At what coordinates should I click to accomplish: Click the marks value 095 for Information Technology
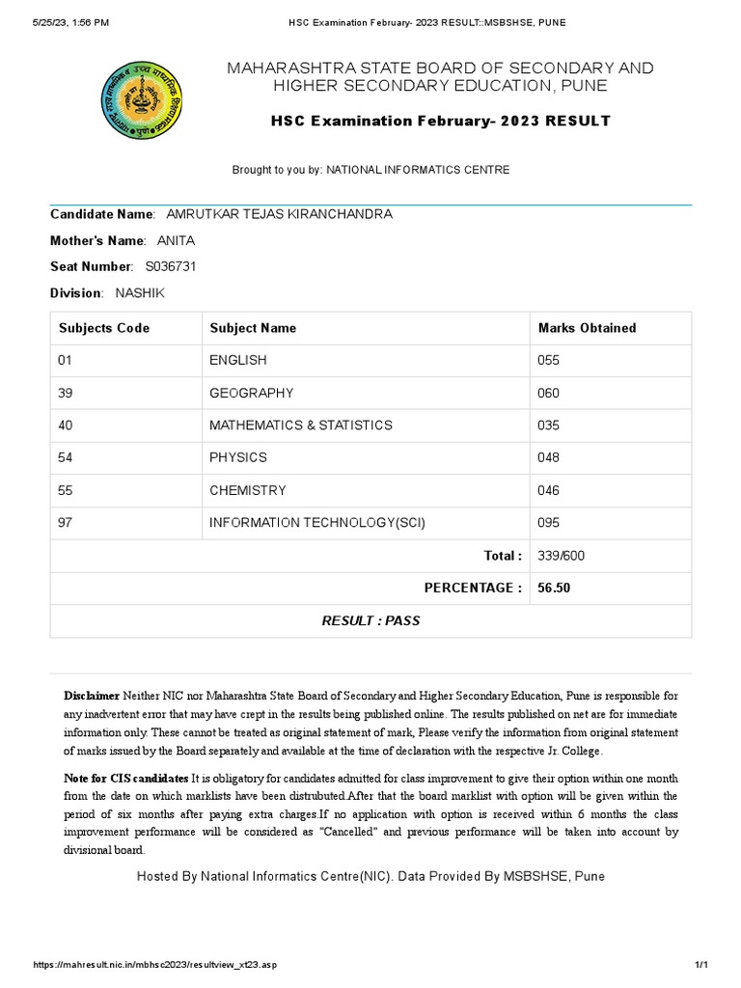(x=548, y=523)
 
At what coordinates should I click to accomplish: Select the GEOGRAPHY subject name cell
(x=251, y=393)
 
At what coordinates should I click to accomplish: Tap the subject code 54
(x=66, y=457)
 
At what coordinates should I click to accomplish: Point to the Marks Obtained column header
(x=587, y=328)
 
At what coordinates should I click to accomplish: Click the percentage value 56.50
(x=554, y=588)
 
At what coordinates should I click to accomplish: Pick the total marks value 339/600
(x=561, y=556)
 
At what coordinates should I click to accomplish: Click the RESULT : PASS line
(x=370, y=620)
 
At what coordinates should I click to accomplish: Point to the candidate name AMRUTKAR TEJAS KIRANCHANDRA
(x=279, y=214)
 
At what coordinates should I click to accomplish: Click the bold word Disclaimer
(x=92, y=696)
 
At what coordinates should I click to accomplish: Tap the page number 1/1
(x=701, y=966)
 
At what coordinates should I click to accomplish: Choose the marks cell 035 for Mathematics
(x=548, y=425)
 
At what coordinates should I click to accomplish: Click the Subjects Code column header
(x=104, y=328)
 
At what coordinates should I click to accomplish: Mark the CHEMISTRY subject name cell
(x=247, y=490)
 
